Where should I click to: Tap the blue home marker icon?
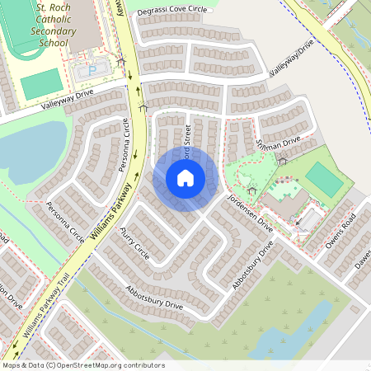185,177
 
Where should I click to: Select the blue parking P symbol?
92,71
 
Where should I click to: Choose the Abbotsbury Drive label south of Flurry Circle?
154,298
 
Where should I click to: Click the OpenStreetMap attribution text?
82,365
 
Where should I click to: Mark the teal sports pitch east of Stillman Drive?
323,179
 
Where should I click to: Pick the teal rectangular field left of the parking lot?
41,83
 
